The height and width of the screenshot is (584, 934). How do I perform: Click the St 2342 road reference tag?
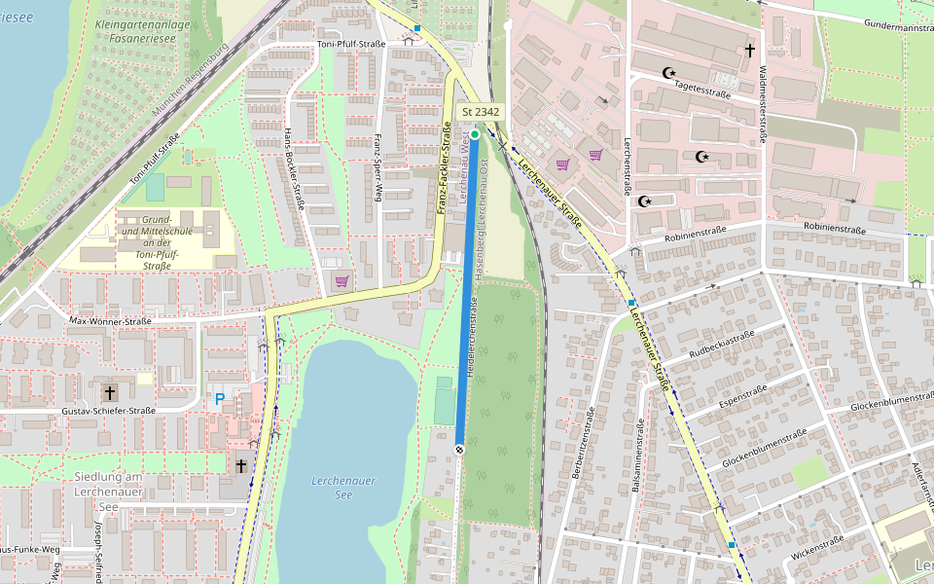[482, 112]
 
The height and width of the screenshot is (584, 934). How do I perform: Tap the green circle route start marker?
[475, 134]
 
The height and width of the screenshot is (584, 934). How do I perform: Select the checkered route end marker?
[459, 449]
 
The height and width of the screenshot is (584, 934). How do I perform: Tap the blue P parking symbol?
[220, 399]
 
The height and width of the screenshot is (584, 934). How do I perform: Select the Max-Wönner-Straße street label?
[110, 321]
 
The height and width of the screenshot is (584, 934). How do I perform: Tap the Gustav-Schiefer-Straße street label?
[109, 411]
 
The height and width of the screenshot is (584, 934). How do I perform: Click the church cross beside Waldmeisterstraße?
[749, 49]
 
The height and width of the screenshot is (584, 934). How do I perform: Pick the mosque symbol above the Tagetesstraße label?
[668, 72]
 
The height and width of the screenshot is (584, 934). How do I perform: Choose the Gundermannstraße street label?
[884, 25]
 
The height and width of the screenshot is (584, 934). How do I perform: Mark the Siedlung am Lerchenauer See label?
[109, 492]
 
